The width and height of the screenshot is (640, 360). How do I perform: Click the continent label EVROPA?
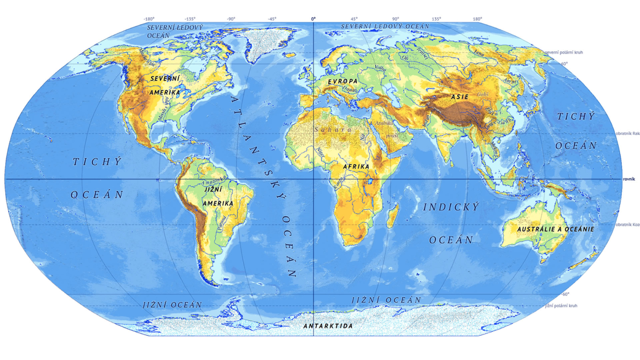[x=342, y=81]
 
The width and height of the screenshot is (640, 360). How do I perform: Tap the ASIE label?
[x=460, y=97]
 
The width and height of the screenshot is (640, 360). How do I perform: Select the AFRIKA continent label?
[x=356, y=166]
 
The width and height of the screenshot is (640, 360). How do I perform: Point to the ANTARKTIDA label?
[x=328, y=326]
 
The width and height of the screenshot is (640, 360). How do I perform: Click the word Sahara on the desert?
[x=333, y=130]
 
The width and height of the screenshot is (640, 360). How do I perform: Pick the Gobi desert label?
[x=482, y=94]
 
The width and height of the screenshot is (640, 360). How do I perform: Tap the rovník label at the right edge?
[x=629, y=179]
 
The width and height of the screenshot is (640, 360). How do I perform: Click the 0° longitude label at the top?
[x=313, y=19]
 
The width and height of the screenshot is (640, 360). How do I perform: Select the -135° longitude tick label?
[x=190, y=19]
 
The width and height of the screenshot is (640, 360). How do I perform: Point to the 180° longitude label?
[x=478, y=19]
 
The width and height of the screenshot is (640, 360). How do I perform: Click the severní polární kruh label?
[x=565, y=52]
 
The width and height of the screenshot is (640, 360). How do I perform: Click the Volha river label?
[x=380, y=68]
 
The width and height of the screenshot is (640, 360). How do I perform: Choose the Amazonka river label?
[x=216, y=182]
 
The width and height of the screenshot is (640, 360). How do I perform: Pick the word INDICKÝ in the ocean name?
[x=451, y=207]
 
